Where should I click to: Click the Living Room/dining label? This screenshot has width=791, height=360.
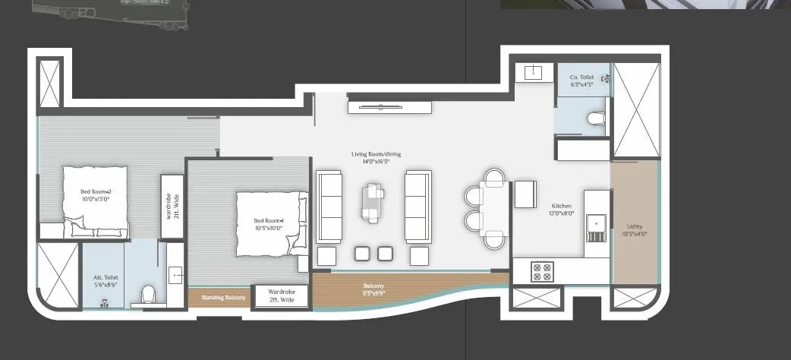click(376, 157)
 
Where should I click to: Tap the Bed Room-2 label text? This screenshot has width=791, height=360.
click(96, 194)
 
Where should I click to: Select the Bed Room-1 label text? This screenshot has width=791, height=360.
click(268, 224)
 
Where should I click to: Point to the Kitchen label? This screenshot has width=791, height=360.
click(563, 210)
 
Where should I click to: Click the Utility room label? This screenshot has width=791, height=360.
click(635, 230)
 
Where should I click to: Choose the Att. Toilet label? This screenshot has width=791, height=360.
click(100, 281)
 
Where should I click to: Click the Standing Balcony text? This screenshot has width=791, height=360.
click(223, 298)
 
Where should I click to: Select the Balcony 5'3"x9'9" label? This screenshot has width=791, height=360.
click(373, 289)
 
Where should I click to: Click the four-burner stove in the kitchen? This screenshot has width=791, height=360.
click(544, 271)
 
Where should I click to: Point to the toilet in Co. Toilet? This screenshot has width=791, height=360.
click(596, 118)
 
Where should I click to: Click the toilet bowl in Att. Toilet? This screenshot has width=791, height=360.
click(148, 293)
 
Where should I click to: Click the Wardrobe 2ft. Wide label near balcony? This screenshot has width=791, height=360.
click(281, 295)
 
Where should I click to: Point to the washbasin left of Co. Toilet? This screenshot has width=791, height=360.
click(531, 72)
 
